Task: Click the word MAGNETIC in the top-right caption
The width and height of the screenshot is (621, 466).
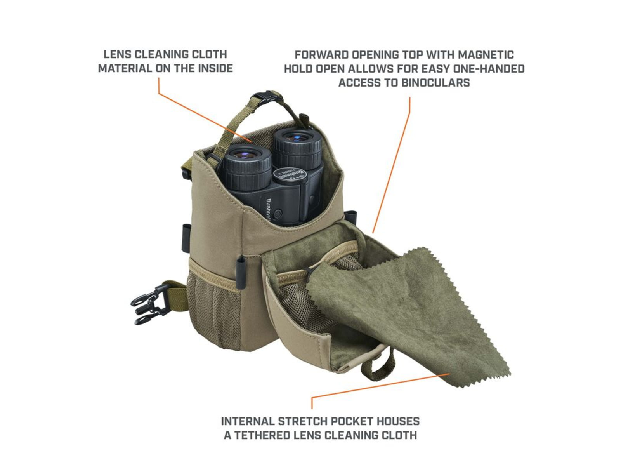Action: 486,55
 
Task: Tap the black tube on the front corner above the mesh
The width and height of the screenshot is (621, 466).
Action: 241,272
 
